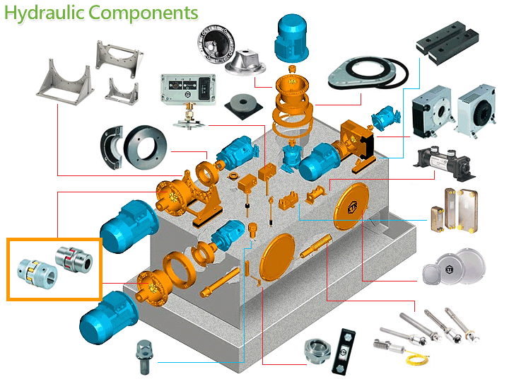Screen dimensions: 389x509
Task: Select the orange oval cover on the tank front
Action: (x=277, y=257)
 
